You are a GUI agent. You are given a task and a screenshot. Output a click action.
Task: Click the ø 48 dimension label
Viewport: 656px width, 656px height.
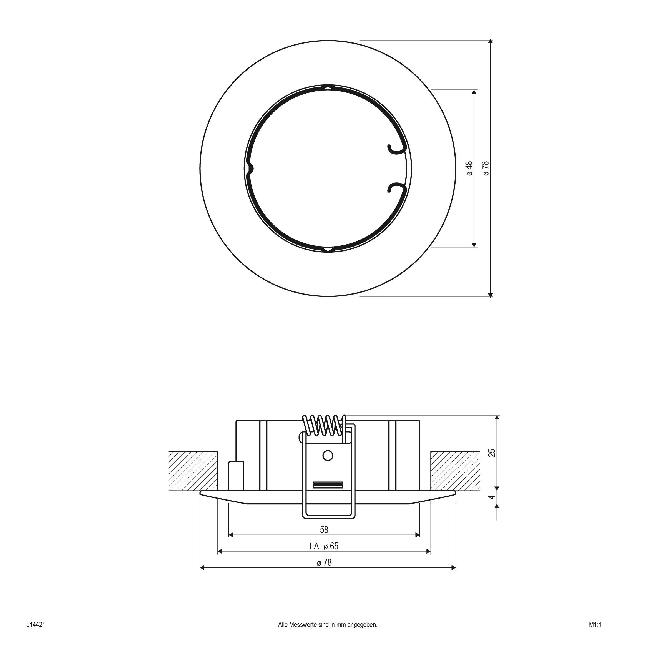(x=470, y=169)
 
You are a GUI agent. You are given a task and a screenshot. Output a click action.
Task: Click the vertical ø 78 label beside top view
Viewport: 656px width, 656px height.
(x=486, y=169)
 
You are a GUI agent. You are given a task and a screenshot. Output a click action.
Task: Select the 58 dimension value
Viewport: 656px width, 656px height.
(x=324, y=529)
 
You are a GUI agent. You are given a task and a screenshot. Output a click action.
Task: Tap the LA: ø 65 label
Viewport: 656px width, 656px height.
(x=324, y=546)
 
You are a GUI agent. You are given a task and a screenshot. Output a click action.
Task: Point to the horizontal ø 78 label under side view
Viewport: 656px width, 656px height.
(x=324, y=563)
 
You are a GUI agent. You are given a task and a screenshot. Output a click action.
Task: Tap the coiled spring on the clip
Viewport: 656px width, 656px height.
(x=324, y=425)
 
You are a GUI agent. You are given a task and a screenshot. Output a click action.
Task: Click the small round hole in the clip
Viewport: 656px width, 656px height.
(x=328, y=456)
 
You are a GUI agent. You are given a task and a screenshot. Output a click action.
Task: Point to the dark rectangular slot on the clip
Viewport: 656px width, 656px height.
(x=328, y=484)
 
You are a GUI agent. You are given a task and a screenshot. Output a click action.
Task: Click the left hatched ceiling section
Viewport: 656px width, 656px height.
(x=193, y=471)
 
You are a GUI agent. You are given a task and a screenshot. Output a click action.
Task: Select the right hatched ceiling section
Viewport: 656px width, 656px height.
(x=455, y=471)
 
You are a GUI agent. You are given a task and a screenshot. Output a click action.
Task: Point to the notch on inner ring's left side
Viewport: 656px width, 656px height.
(x=251, y=169)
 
